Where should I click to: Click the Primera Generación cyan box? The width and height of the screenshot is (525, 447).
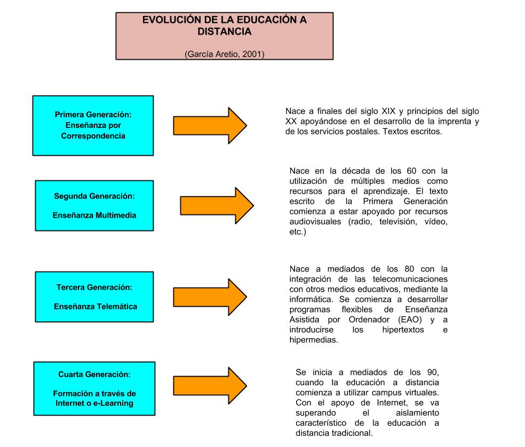93,125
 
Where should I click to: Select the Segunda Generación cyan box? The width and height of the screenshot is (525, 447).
94,206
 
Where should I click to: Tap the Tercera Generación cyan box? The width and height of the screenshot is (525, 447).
94,297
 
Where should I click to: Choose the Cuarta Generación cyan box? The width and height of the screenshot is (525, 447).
94,389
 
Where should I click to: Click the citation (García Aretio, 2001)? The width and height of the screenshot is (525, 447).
224,54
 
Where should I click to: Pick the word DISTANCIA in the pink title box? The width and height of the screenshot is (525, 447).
224,31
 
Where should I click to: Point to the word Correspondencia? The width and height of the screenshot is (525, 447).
93,136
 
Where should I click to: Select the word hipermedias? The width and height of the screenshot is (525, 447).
314,340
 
